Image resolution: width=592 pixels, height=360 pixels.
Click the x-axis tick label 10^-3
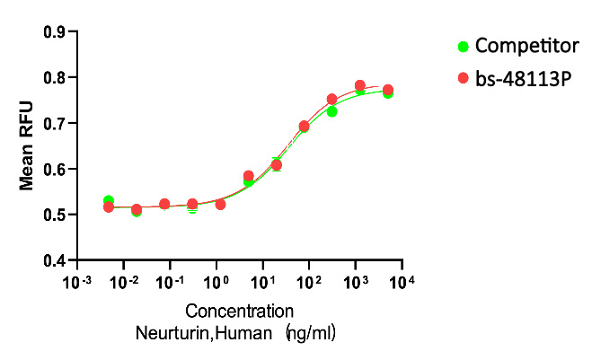77,282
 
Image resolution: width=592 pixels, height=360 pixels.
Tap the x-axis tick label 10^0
216,282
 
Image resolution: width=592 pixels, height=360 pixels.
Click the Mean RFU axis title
28,145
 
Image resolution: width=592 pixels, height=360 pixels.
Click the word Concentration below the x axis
240,312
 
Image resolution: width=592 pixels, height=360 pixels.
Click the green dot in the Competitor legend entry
464,46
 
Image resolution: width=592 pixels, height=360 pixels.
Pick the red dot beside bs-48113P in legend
464,78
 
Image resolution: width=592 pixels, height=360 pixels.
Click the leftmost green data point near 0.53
109,201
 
